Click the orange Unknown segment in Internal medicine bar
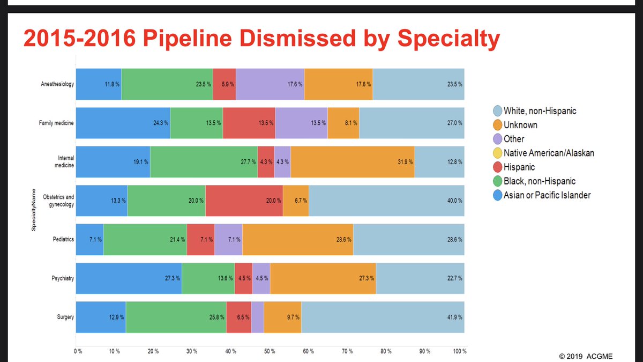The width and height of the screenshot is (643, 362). coord(353,161)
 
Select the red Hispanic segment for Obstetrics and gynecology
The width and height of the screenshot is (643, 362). coord(244,201)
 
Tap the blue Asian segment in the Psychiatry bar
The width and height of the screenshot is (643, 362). coord(129,278)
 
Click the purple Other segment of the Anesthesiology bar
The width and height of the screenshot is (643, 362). coord(270,84)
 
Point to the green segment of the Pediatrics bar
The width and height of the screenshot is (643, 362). coord(145,239)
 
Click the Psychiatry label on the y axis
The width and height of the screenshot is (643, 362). coord(62,278)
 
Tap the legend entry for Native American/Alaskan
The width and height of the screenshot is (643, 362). coord(548,153)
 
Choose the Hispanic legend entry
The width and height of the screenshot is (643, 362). coord(520,167)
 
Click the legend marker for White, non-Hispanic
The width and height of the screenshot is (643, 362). coord(496,111)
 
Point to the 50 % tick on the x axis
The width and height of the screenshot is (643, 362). coord(270,351)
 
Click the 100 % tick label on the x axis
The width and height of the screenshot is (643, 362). coord(460,351)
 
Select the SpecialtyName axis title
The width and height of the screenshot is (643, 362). coord(33,210)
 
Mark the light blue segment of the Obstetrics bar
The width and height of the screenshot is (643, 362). coord(386,201)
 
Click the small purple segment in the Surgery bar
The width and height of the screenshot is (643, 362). coord(257,317)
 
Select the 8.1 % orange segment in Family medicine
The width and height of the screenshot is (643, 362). coord(343,123)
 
